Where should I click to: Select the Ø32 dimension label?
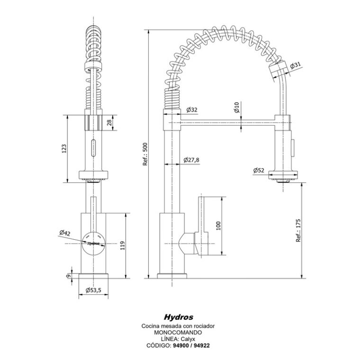192,109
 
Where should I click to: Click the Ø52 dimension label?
259,170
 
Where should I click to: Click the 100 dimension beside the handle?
218,225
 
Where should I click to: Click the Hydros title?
178,316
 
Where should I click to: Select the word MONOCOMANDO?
178,333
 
